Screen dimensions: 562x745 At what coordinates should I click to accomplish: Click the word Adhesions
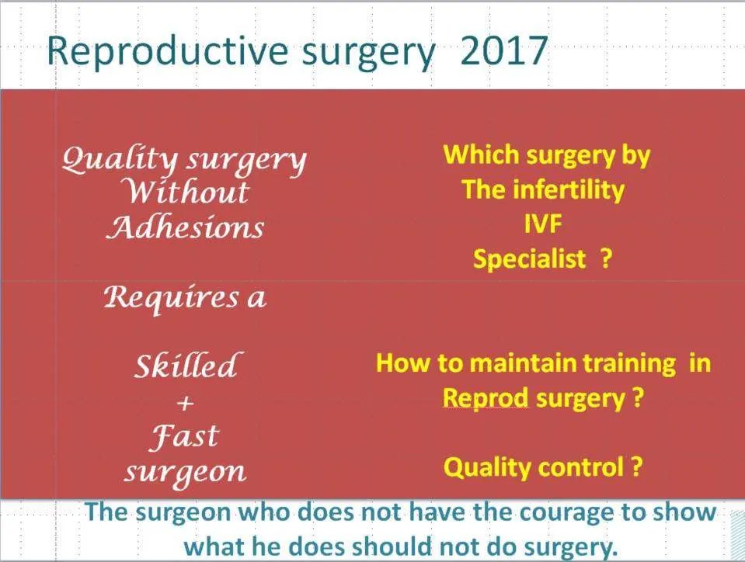pyautogui.click(x=185, y=227)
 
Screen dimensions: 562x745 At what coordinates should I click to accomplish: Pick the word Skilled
pyautogui.click(x=186, y=366)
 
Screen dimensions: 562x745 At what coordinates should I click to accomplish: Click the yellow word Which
pyautogui.click(x=481, y=154)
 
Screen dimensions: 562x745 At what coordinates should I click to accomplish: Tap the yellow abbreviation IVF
pyautogui.click(x=544, y=224)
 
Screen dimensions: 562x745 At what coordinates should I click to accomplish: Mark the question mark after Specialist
pyautogui.click(x=606, y=258)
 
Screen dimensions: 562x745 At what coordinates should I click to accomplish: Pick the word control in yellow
pyautogui.click(x=576, y=467)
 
